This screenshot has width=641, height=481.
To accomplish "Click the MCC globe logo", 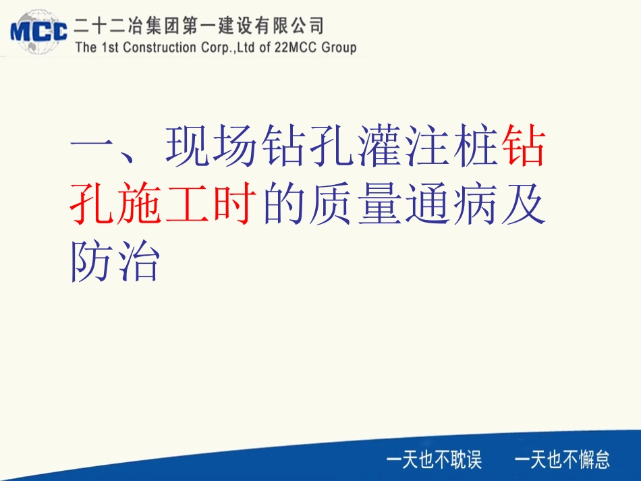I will pyautogui.click(x=38, y=30).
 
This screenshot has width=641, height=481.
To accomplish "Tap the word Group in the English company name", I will pyautogui.click(x=335, y=48).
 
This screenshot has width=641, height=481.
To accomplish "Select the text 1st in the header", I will pyautogui.click(x=109, y=48).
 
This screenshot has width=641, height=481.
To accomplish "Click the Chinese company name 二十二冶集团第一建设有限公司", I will pyautogui.click(x=200, y=26).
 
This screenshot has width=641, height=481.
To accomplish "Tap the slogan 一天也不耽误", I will pyautogui.click(x=434, y=460).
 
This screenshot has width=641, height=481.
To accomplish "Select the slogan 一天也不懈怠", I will pyautogui.click(x=562, y=460).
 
